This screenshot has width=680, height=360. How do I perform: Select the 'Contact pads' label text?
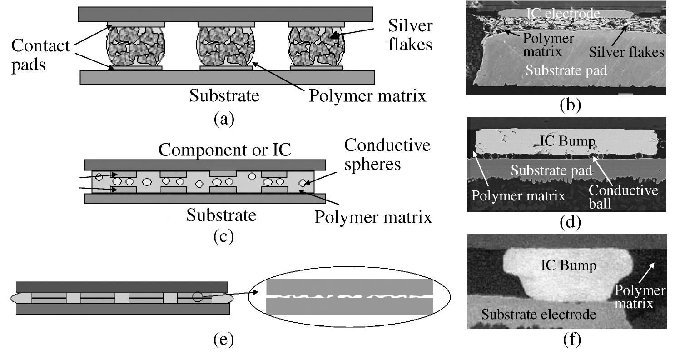tap(41, 55)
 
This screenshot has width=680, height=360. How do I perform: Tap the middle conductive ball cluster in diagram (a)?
tap(226, 46)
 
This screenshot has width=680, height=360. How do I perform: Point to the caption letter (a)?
tap(224, 119)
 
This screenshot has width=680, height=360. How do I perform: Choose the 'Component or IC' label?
tap(225, 150)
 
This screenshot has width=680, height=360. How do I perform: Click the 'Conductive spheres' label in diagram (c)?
tap(387, 155)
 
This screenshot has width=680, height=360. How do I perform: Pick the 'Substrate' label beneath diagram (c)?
tap(221, 215)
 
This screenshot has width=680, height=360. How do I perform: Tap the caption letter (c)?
tap(224, 237)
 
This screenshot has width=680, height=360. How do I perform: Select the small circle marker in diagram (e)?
tap(198, 296)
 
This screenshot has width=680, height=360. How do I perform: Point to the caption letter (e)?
tap(224, 340)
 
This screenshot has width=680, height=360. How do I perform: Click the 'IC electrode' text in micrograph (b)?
tap(563, 13)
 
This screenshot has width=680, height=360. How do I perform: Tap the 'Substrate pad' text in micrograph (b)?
tap(566, 70)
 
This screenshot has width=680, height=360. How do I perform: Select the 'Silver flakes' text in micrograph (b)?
tap(626, 52)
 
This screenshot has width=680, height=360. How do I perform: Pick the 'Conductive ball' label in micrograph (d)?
tap(623, 196)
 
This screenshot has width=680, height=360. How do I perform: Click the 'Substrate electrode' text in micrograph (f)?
tap(539, 315)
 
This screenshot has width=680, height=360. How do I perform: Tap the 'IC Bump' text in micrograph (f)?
tap(569, 265)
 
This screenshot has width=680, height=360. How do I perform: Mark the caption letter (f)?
tap(571, 340)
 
